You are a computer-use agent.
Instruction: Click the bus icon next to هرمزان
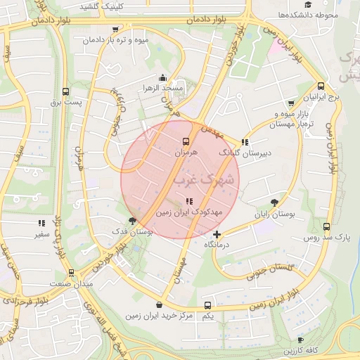[x=186, y=141]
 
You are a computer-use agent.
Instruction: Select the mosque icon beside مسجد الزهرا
[x=163, y=77]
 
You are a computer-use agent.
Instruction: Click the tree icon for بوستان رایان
[x=274, y=202]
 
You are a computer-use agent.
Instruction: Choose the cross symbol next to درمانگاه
[x=217, y=234]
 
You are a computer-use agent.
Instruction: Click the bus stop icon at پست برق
[x=65, y=91]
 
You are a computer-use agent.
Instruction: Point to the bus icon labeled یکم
[x=207, y=306]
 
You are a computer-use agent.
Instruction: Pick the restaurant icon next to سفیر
[x=41, y=224]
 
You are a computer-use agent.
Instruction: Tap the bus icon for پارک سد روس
[x=326, y=227]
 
